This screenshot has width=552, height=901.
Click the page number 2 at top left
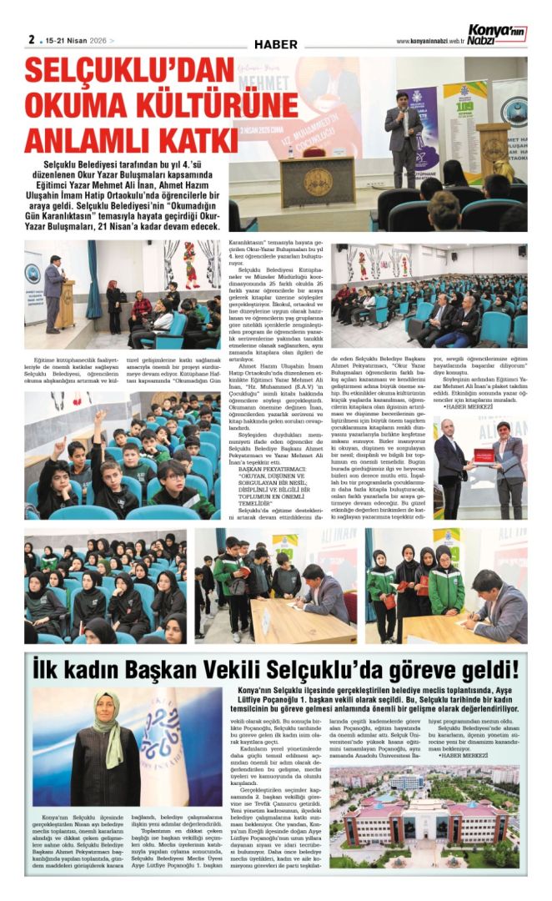coord(31,38)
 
